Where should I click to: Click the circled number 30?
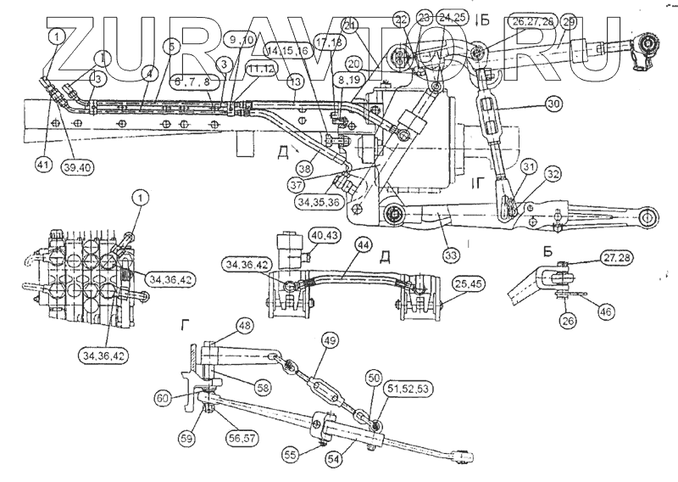pyautogui.click(x=553, y=105)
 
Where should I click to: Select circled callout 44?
pyautogui.click(x=363, y=244)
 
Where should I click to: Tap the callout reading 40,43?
pyautogui.click(x=326, y=235)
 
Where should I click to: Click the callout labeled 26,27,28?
pyautogui.click(x=510, y=21)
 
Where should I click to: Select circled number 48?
pyautogui.click(x=244, y=325)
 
